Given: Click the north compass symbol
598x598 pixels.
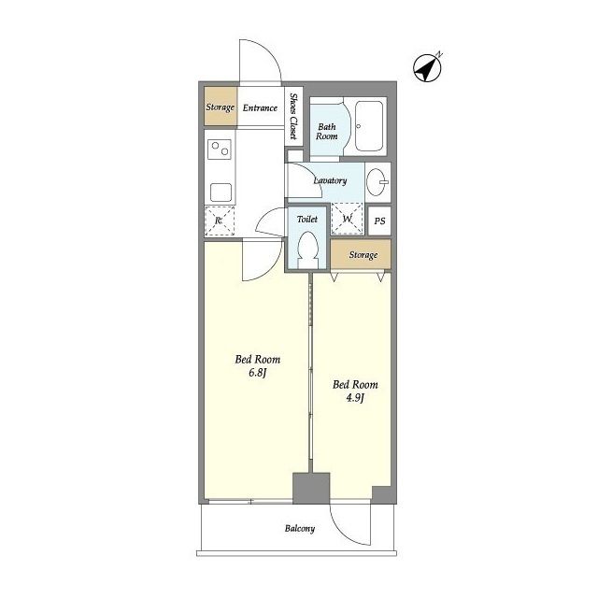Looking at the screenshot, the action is pos(428,68).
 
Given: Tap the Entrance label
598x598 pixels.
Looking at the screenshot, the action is pos(260,108).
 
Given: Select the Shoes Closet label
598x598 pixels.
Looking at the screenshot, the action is pos(293,116).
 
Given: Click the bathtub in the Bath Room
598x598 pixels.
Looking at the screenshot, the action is pos(369,126).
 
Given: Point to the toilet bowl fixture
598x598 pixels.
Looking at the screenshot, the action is pos(307,249).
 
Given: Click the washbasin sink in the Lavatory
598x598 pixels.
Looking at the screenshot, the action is pos(377,182).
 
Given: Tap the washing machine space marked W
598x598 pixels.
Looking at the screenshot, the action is pos(347,219).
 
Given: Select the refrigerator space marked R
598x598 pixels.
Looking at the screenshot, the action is pos(220,221).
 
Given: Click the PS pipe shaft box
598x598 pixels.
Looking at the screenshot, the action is pos(379,221).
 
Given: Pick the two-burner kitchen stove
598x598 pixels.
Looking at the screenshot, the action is pos(220,149).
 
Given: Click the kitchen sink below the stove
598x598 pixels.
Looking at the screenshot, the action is pos(221,192).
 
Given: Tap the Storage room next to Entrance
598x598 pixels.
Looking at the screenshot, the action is pos(221,107).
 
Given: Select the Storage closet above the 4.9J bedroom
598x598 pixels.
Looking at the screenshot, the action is pos(361,254).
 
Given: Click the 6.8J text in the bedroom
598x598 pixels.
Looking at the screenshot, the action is pos(257,373).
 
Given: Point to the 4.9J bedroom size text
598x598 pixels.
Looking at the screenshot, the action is pos(355,398).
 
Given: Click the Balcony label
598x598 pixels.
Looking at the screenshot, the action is pos(300,529).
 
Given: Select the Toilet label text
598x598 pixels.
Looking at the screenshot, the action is pos(307,220).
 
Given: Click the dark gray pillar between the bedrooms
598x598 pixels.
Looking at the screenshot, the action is pos(311,488).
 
